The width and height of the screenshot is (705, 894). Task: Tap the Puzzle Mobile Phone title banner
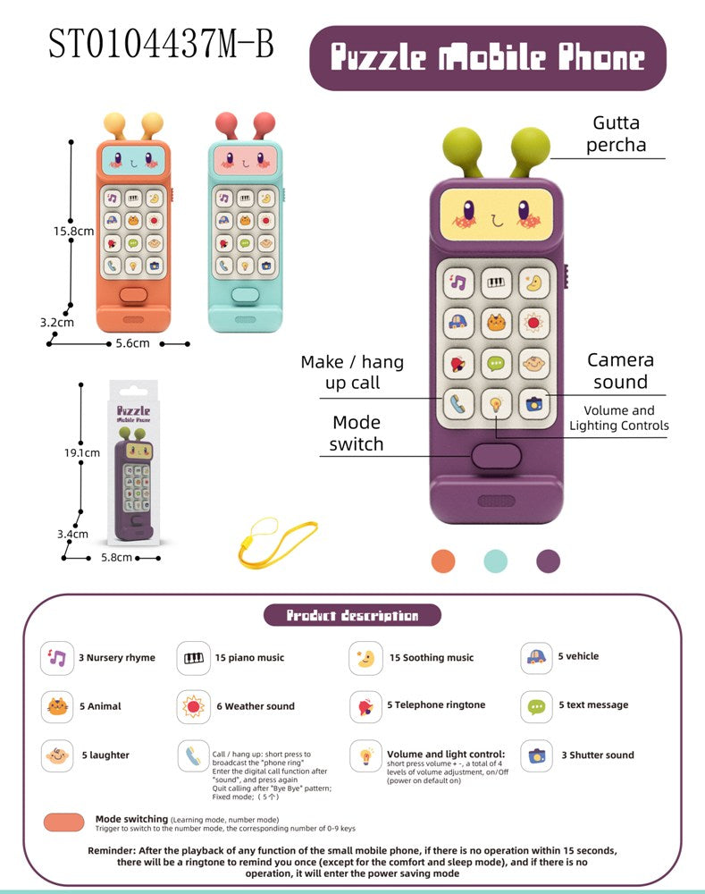pyautogui.click(x=487, y=58)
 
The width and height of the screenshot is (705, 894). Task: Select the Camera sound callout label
pyautogui.click(x=620, y=371)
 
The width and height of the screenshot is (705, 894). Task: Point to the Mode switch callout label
pyautogui.click(x=357, y=433)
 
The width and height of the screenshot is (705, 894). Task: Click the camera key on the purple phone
pyautogui.click(x=535, y=404)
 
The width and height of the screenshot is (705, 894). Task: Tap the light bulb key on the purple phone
pyautogui.click(x=496, y=404)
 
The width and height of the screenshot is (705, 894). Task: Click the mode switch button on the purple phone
pyautogui.click(x=496, y=457)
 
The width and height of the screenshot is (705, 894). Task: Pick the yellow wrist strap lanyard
pyautogui.click(x=277, y=541)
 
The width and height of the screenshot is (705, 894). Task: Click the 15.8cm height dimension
pyautogui.click(x=73, y=231)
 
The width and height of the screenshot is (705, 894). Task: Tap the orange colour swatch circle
pyautogui.click(x=443, y=561)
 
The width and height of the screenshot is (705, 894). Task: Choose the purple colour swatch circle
pyautogui.click(x=548, y=561)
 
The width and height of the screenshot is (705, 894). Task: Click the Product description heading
pyautogui.click(x=352, y=615)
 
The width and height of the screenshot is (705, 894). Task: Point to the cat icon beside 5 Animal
pyautogui.click(x=57, y=706)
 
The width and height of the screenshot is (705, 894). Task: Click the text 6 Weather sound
pyautogui.click(x=255, y=706)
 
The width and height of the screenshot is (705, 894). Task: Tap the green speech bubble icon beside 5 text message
pyautogui.click(x=536, y=706)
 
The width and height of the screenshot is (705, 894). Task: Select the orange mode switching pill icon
pyautogui.click(x=63, y=822)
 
